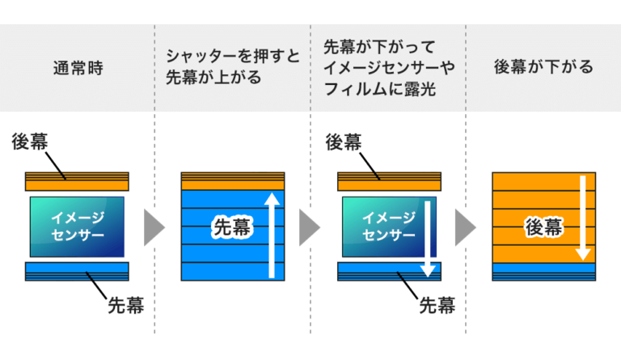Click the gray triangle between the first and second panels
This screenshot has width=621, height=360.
coord(153,227)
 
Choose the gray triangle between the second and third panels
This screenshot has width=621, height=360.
coord(308,227)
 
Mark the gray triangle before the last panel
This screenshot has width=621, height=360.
coord(464,227)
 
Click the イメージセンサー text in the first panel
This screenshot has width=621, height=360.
coord(77,227)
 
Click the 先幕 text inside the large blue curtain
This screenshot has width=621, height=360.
coord(230,228)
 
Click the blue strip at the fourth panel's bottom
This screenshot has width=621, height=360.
coord(543,270)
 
